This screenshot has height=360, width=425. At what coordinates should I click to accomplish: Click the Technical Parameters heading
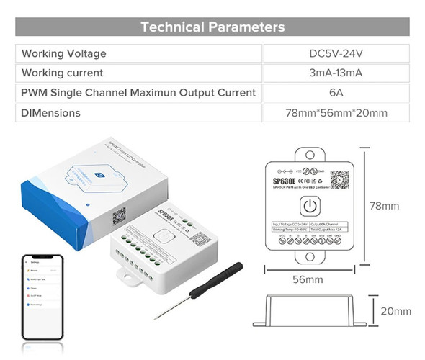point(212,27)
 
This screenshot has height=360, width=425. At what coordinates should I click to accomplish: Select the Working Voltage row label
point(64,53)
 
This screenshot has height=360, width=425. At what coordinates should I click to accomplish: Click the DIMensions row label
point(51,113)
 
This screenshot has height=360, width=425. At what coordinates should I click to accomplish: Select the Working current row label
point(63,73)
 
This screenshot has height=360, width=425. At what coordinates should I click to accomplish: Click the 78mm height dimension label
point(384,206)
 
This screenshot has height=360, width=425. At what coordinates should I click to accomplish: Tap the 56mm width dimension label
point(308,279)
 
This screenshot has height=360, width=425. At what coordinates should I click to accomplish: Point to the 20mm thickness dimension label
point(396,312)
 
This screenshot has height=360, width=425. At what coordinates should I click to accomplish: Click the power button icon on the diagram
point(308,207)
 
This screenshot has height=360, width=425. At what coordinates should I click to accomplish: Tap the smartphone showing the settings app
point(42,295)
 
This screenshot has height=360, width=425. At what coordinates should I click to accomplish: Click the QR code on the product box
point(119,215)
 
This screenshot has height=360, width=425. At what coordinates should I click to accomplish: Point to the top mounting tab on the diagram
point(308,153)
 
